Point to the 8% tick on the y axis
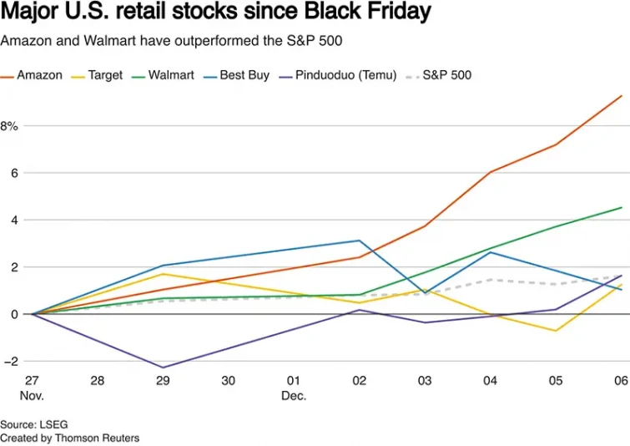coord(9,126)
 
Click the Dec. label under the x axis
coord(294,395)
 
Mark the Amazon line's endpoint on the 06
coord(622,95)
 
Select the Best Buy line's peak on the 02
coord(360,241)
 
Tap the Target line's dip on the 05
coord(556,331)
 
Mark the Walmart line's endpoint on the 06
coord(622,207)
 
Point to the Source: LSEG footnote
coord(30,424)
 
